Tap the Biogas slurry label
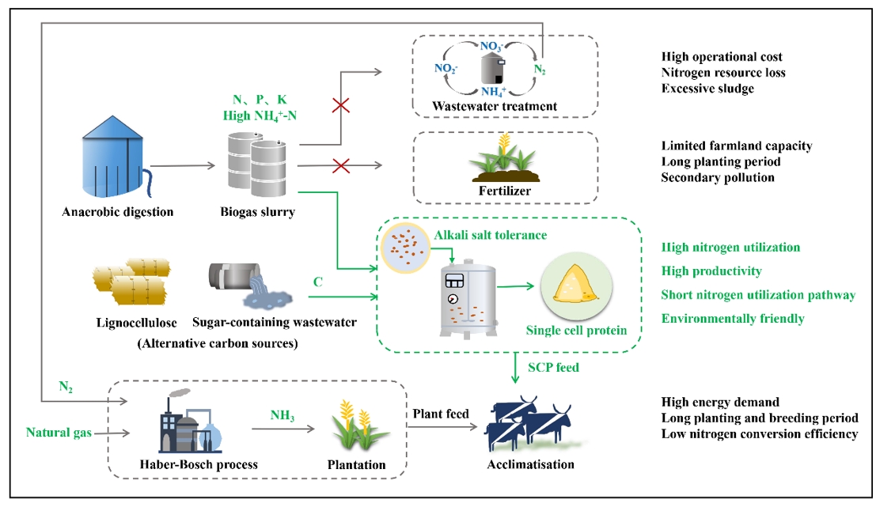tap(257, 211)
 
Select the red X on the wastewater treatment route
tap(340, 106)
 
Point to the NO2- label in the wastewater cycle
tap(446, 68)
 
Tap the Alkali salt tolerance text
tap(490, 235)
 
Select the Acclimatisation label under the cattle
tap(531, 463)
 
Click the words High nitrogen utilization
tap(730, 248)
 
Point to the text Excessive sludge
tap(707, 89)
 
